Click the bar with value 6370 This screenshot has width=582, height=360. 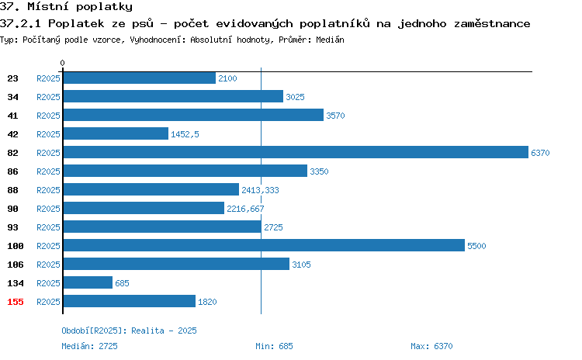point(296,153)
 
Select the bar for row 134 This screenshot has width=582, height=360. point(88,283)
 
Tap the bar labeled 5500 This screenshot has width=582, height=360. point(264,246)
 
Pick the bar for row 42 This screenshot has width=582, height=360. point(116,134)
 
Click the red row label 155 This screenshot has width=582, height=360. point(16,302)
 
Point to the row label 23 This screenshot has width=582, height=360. point(12,78)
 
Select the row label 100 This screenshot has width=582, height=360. point(16,246)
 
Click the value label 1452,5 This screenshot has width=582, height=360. point(185,134)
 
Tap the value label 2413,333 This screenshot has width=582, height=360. point(260,190)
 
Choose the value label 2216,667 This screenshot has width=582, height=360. point(245,209)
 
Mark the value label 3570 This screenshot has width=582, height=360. point(335,116)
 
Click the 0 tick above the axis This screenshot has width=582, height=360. point(62,63)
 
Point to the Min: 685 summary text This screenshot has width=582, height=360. point(274,346)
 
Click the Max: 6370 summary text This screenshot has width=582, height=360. point(431,346)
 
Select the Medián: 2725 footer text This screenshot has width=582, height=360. point(89,346)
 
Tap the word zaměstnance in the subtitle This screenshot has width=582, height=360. point(492,23)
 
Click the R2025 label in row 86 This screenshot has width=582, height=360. point(48,171)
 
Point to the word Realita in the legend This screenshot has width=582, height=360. point(147,331)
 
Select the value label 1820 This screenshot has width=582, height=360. point(207,302)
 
